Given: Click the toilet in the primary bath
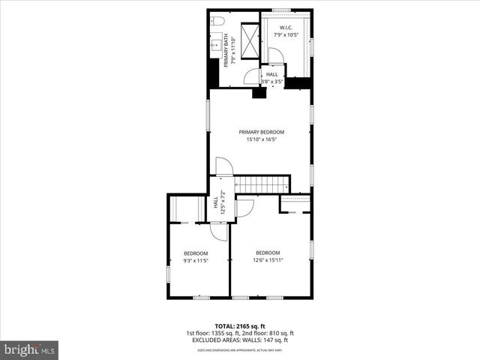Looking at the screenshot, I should click(215, 20).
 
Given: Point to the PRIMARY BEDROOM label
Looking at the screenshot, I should click(262, 132).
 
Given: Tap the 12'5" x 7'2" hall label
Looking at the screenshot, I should click(219, 205).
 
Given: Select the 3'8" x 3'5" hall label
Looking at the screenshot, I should click(271, 78).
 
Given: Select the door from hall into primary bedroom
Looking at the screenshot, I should click(223, 166).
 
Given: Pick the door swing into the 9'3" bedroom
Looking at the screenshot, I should click(217, 232).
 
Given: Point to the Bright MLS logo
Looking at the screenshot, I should click(29, 349).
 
